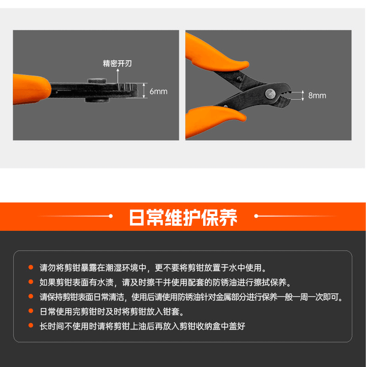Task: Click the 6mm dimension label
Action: (x=158, y=91)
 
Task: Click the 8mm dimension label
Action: (x=317, y=96)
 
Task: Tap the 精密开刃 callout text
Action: (x=118, y=64)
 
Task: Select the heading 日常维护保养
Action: (x=183, y=217)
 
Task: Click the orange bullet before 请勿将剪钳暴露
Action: (x=31, y=267)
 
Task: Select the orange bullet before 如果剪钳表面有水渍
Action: (x=31, y=282)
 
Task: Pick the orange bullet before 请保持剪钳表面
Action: (x=31, y=297)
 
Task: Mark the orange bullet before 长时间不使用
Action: (x=31, y=326)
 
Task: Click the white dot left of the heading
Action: (x=110, y=216)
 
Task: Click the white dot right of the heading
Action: (x=257, y=216)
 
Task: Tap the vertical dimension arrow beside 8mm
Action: (x=302, y=95)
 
